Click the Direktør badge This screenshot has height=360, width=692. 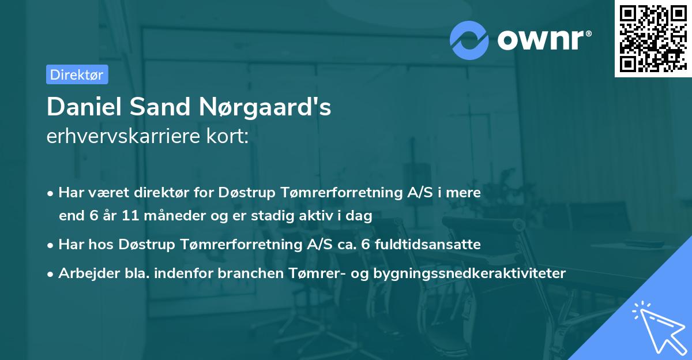(x=77, y=74)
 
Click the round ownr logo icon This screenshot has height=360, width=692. (x=469, y=40)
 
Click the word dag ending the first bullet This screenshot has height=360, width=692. (x=360, y=216)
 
